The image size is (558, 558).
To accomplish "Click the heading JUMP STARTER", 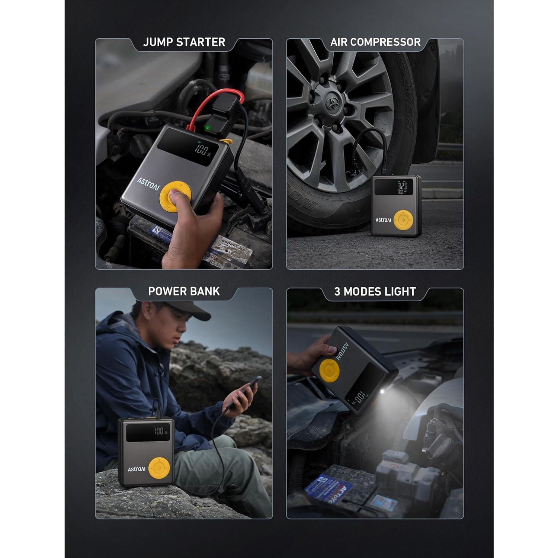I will [x=184, y=42].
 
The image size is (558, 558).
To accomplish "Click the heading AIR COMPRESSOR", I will [x=375, y=42].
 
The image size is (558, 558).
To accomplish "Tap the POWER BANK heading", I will [x=184, y=291].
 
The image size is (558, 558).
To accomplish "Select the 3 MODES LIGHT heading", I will [x=375, y=291].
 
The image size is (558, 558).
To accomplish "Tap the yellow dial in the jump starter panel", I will [x=175, y=195].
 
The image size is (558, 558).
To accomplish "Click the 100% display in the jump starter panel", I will [x=203, y=151].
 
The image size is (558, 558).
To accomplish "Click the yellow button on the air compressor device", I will [x=403, y=220].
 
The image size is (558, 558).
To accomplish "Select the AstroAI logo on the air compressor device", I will [x=383, y=220].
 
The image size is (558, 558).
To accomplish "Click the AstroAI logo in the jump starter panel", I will [x=148, y=183].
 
